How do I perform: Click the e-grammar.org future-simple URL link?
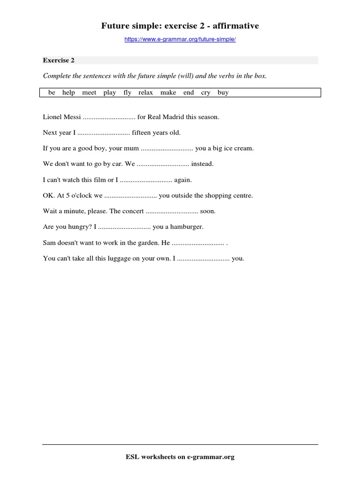click(180, 40)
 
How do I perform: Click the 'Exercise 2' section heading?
click(59, 60)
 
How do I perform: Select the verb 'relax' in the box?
click(145, 93)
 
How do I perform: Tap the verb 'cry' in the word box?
click(205, 93)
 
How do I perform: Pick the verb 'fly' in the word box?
click(127, 93)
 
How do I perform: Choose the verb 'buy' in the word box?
click(223, 93)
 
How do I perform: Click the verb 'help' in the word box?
click(68, 93)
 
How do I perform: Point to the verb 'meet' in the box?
click(89, 93)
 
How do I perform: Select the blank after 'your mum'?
click(167, 149)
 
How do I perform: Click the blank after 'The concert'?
click(172, 211)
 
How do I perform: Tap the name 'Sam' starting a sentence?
click(49, 243)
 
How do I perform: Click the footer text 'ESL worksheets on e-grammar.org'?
click(180, 457)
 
